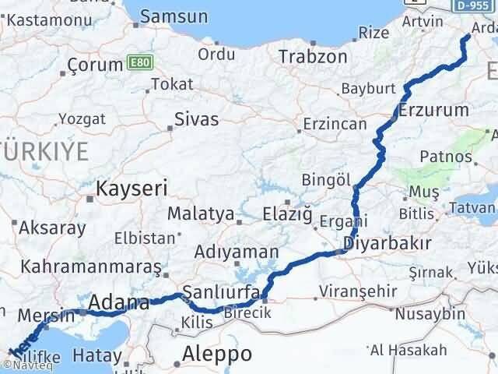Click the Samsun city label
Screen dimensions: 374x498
[174, 16]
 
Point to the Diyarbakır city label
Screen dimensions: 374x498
[387, 243]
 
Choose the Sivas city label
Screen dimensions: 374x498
[196, 118]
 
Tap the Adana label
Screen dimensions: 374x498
[119, 302]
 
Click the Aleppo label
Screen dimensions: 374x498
[216, 355]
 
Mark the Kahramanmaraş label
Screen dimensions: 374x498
[91, 266]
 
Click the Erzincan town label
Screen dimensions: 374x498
[335, 124]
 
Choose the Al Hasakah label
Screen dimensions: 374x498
[409, 349]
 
